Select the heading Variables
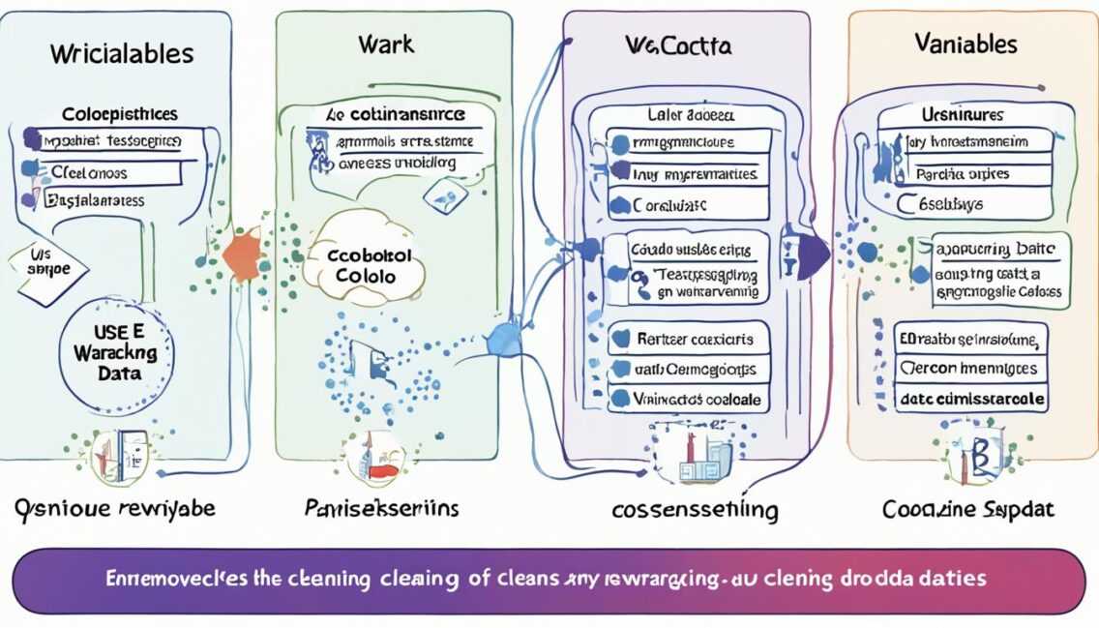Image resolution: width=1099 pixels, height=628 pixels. click(x=965, y=45)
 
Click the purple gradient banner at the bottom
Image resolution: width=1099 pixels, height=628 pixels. click(x=549, y=580)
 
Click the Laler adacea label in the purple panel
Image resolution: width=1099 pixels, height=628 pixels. click(x=689, y=114)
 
